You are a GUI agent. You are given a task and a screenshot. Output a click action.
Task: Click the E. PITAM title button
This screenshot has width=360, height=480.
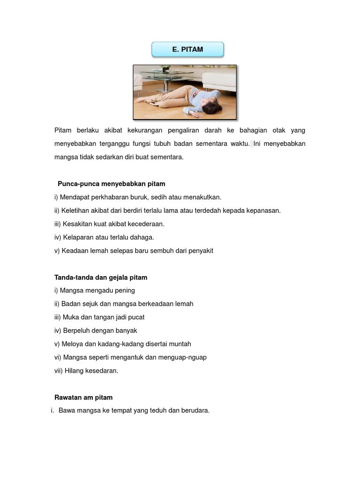[x=187, y=49]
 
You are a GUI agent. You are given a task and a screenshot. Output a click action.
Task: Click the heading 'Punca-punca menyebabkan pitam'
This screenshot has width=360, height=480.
[x=112, y=184]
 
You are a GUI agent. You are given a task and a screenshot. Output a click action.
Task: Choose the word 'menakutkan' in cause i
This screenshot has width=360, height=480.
[x=202, y=197]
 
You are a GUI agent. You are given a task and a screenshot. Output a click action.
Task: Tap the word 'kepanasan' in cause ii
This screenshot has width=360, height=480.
[x=262, y=210]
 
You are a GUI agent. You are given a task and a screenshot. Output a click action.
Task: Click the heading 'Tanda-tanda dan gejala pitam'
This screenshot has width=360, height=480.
[x=101, y=277]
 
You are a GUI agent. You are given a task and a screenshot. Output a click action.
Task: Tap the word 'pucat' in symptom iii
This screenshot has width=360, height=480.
[x=136, y=317]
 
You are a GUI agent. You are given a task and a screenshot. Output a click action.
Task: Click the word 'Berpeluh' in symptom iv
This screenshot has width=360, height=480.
[x=75, y=330]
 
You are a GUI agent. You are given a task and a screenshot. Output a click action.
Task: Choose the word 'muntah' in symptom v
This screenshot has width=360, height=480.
[x=180, y=344]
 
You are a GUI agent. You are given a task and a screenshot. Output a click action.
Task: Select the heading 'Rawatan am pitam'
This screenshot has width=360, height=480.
[x=83, y=397]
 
